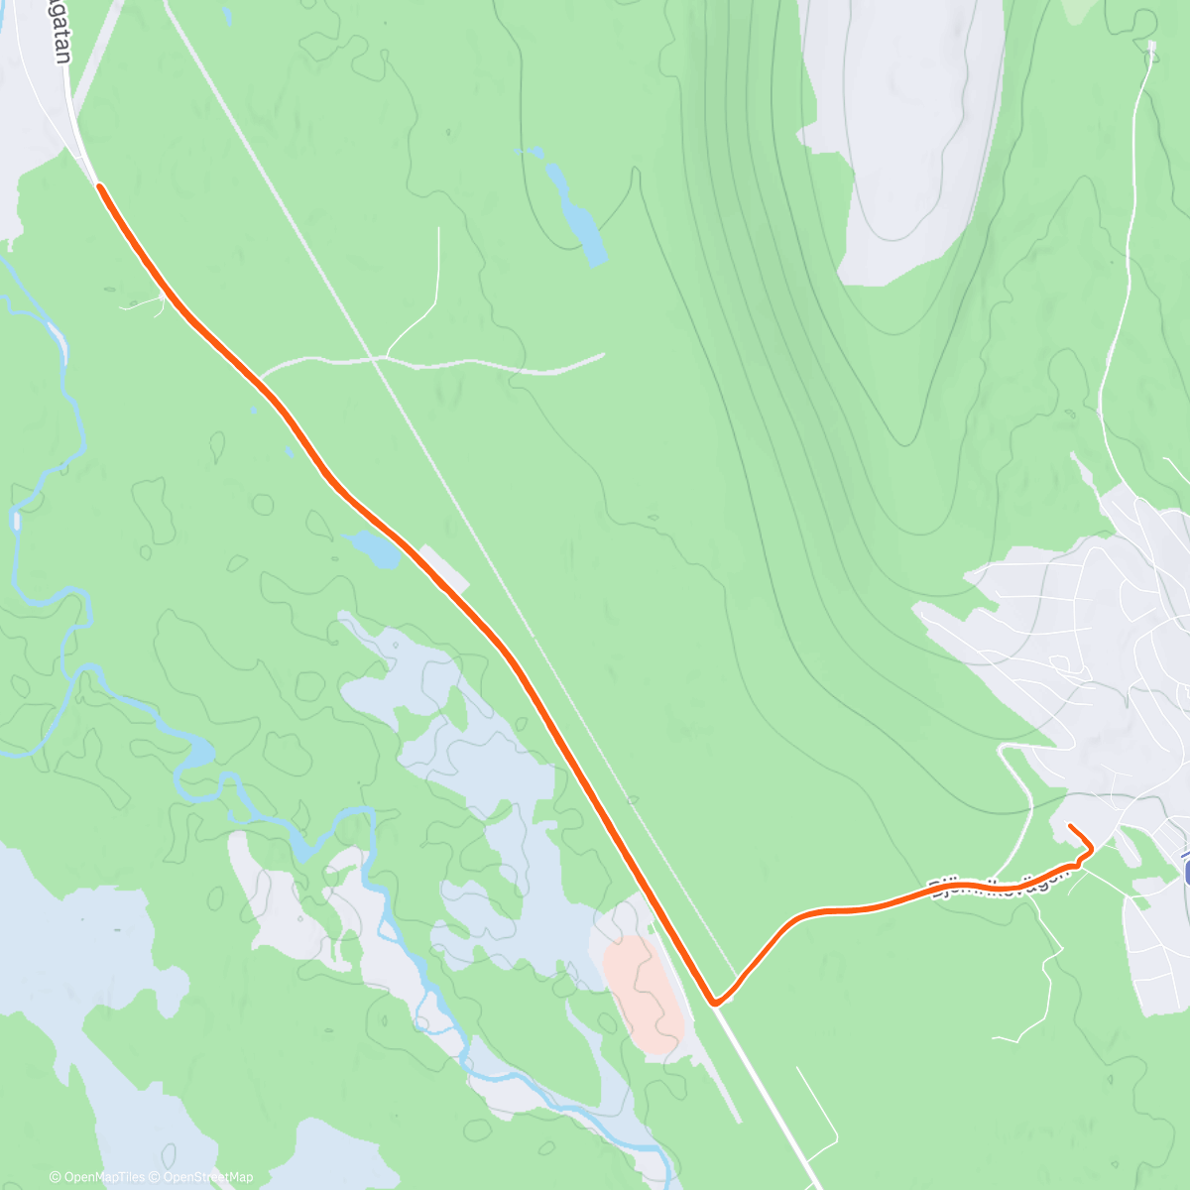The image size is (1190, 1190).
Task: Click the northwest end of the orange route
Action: click(x=99, y=185)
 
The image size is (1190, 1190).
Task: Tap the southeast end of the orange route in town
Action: click(x=1070, y=826)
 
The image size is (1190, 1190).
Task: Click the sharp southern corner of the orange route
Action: click(x=714, y=1003)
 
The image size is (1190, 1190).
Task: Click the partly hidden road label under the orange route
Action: click(x=1002, y=878)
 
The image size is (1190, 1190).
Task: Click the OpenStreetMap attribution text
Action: click(x=209, y=1177)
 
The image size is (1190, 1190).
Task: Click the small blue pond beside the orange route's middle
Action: click(x=372, y=548)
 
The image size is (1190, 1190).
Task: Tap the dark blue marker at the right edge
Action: click(x=1186, y=868)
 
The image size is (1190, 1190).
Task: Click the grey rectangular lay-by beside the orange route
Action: click(x=443, y=567)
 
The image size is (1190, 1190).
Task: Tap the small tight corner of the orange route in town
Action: click(x=1089, y=849)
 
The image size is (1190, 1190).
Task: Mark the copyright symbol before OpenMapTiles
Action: click(x=55, y=1177)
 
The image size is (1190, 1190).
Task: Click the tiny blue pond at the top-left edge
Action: click(x=227, y=17)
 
